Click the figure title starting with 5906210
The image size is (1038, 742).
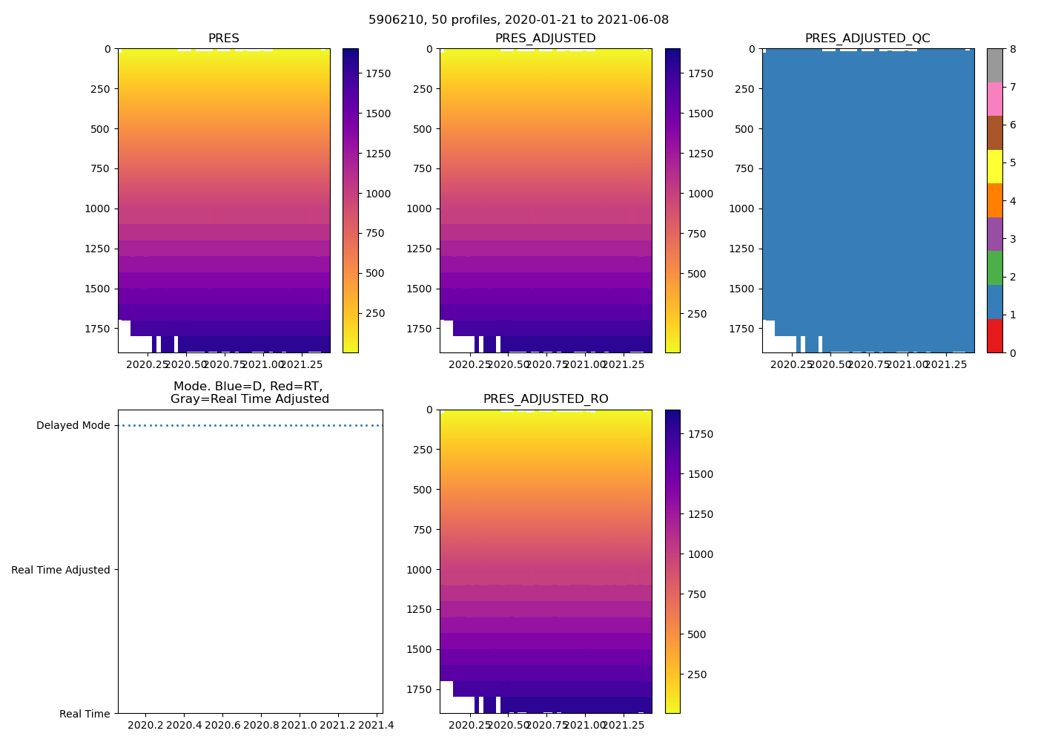coord(518,20)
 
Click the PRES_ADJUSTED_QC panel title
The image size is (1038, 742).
coord(867,39)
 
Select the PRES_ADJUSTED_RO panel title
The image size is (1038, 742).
coord(546,399)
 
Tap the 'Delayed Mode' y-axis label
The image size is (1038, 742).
coord(73,426)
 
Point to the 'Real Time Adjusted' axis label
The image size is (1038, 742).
coord(61,570)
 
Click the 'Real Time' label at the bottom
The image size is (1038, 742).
coord(85,714)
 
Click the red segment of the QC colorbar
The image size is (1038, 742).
coord(994,335)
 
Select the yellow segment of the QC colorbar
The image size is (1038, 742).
coord(994,166)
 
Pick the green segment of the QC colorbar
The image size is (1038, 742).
coord(994,268)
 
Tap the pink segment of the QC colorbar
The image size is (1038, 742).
coord(994,99)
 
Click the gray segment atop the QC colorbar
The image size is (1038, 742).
coord(994,65)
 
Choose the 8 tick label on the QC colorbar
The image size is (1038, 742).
coord(1013,49)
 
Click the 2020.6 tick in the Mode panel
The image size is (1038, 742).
coord(222,725)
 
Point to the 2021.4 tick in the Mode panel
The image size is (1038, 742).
coord(376,725)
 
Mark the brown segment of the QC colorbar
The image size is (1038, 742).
coord(994,133)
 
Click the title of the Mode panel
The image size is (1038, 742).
coord(249,393)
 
